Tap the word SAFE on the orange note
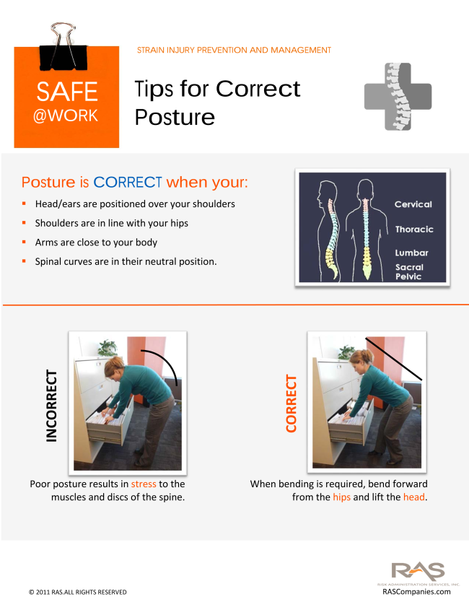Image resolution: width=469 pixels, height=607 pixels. coord(67,92)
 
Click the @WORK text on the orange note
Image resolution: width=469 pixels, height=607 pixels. coord(66,115)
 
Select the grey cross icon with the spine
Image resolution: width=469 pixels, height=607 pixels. coord(398,97)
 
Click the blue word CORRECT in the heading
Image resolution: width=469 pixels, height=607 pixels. coord(128,182)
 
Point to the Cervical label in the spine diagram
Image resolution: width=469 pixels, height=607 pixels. coord(413,204)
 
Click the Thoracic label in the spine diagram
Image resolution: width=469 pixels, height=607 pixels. coord(414,230)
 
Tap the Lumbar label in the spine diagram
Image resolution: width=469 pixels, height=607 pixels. coord(412,253)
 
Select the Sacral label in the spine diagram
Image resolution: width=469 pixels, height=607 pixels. coord(409,267)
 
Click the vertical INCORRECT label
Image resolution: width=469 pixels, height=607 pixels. coord(51,406)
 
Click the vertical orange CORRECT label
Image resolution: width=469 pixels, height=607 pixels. coord(291,403)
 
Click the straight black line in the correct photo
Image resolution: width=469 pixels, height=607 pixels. coord(393,359)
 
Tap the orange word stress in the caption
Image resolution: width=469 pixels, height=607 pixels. coord(144,484)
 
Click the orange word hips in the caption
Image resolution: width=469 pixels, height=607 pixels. coord(342,497)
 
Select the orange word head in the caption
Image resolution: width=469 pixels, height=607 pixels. coord(414,497)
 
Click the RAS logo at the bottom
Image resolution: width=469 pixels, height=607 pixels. coord(418,572)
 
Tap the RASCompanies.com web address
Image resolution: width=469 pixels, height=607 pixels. coord(416,592)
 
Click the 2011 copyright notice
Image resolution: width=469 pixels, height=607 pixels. coord(78,592)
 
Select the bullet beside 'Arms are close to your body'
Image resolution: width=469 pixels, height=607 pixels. coord(24,242)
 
